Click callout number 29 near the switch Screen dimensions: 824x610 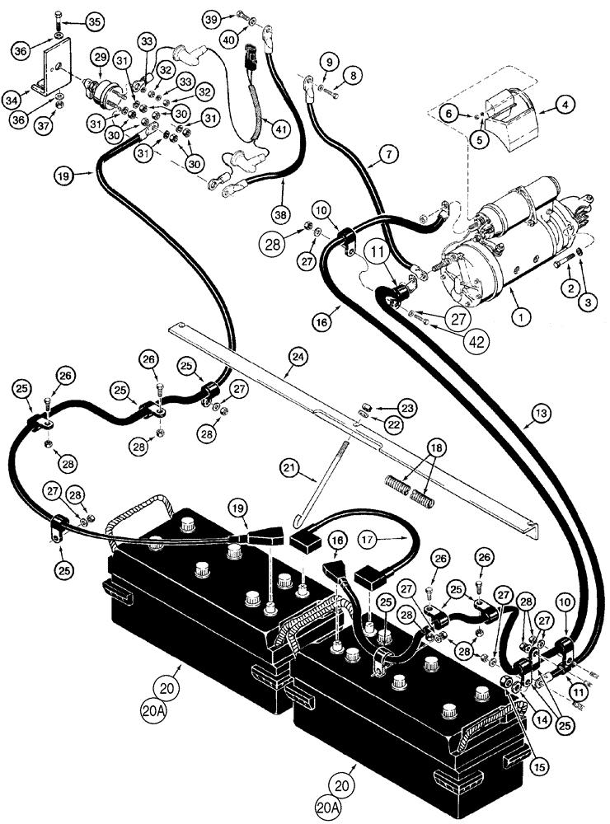coord(100,58)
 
